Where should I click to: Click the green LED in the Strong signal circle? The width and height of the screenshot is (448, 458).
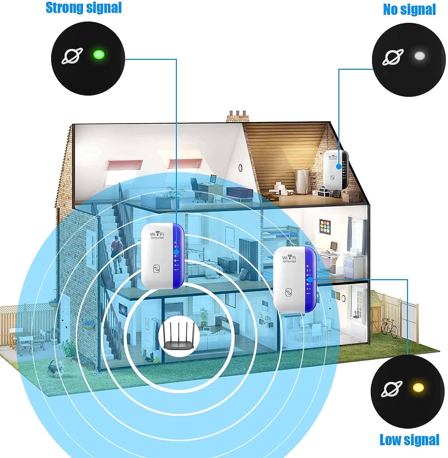pos(99,55)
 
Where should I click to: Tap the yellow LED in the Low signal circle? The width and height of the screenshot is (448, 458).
pos(418,388)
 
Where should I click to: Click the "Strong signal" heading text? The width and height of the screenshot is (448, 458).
pos(84,8)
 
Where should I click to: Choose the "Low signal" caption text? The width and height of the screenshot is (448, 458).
pos(409,440)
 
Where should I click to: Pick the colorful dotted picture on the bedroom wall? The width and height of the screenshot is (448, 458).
pos(326,227)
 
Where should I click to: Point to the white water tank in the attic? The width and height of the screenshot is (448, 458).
pos(302,182)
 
